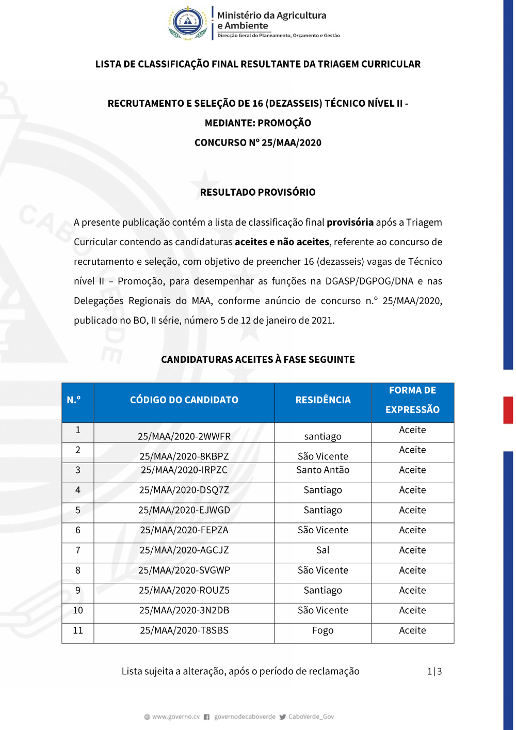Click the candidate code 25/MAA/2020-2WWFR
184,436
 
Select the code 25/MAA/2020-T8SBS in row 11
184,630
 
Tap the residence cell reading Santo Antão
322,470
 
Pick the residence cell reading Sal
322,550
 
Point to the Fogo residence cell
322,630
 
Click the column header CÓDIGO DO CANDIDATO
184,400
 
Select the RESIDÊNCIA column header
322,400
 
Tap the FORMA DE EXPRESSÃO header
412,400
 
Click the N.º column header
74,400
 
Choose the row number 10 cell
78,610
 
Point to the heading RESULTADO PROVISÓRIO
258,192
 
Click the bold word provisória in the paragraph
350,223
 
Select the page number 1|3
434,671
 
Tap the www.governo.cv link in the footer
175,717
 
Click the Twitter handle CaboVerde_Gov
311,717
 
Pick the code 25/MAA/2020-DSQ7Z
184,490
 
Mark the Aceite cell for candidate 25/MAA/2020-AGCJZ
412,550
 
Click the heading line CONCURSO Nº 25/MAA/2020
258,142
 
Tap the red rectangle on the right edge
508,410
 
